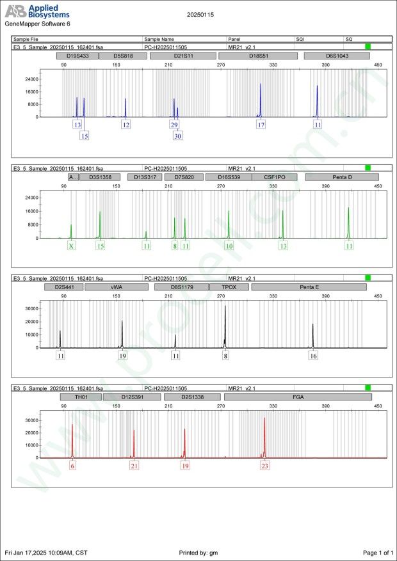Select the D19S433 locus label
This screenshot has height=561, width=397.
77,56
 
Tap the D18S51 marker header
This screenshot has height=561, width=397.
258,56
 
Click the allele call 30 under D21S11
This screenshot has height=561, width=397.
178,136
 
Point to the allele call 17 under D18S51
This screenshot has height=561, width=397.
261,125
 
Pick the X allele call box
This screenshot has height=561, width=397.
72,246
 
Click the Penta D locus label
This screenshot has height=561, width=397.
342,177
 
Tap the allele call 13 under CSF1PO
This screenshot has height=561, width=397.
283,246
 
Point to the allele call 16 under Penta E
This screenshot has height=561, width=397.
313,356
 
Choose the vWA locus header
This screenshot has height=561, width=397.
117,287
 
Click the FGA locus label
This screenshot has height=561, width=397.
298,397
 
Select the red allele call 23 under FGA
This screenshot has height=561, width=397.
264,466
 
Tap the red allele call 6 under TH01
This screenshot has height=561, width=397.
72,466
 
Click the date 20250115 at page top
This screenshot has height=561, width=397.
201,13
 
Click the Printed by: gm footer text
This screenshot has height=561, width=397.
200,552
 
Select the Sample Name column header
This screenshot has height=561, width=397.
159,39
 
